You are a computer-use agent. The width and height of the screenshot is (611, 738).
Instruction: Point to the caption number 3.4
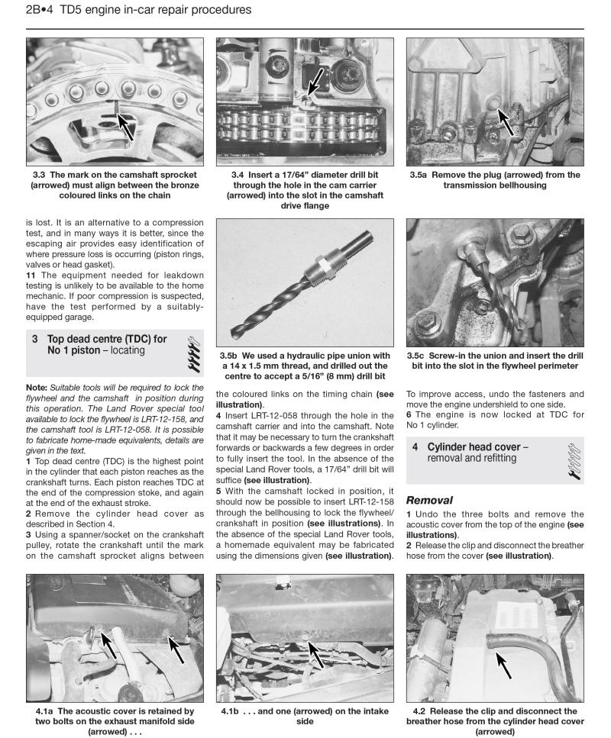(238, 175)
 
